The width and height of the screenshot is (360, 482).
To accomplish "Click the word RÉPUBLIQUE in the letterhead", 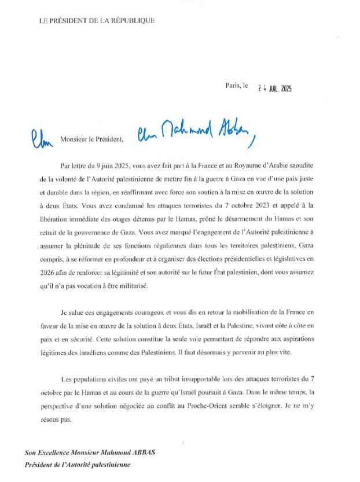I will (131, 21).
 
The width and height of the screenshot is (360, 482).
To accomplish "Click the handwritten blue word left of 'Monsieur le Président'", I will (41, 138).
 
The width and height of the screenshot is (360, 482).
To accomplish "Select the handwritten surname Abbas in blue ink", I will (234, 134).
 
